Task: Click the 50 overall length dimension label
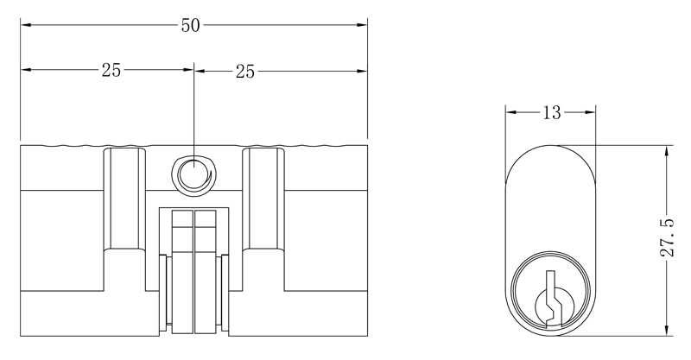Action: coord(190,26)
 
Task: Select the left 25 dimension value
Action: coord(111,70)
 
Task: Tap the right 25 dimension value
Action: coord(245,72)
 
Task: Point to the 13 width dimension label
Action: coord(551,113)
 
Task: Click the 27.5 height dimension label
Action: coord(667,237)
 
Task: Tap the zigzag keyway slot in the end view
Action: coord(551,300)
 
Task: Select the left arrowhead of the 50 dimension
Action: coord(26,25)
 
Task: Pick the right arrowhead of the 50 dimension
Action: coord(362,25)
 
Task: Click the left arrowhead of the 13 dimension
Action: coord(510,112)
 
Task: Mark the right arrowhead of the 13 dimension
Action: coord(590,112)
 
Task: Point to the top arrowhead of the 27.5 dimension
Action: coord(667,151)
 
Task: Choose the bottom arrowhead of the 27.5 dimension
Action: coord(667,331)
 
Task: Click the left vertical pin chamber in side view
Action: coord(124,199)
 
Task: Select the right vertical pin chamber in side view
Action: coord(263,199)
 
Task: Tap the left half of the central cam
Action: coord(182,271)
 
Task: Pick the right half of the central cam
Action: coord(206,271)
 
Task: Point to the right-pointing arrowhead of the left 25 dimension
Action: coord(188,70)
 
